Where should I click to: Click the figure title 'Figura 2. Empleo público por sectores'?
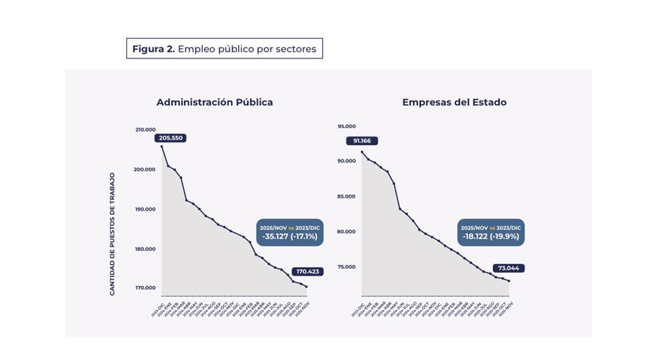tap(224, 49)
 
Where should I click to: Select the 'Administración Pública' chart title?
tap(214, 102)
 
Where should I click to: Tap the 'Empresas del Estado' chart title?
tap(454, 102)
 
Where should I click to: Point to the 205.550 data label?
tap(170, 138)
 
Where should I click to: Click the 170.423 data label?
tap(308, 272)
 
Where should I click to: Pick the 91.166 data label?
tap(362, 141)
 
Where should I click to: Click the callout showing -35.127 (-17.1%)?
tap(289, 232)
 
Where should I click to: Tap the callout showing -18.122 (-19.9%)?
tap(490, 232)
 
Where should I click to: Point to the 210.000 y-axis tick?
tap(145, 130)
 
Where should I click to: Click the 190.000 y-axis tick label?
tap(145, 209)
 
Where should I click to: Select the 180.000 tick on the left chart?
tap(145, 249)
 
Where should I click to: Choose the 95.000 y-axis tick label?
tap(346, 126)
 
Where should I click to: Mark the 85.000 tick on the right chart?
tap(346, 196)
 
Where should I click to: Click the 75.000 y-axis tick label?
tap(346, 267)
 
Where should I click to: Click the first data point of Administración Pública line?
tap(161, 146)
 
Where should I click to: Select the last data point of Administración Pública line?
tap(306, 287)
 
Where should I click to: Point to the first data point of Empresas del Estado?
tap(362, 152)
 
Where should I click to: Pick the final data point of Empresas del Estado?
tap(509, 281)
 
